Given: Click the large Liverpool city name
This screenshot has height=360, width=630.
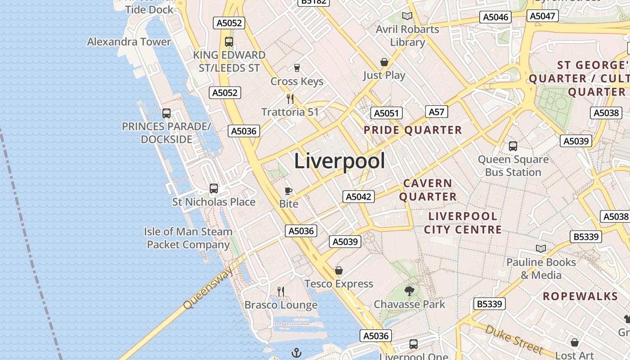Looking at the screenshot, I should tap(340, 161).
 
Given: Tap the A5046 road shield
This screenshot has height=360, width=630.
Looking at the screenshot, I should tap(496, 18).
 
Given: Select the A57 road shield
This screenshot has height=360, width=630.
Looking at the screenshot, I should tap(436, 112).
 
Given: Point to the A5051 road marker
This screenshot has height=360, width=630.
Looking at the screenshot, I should tap(387, 113).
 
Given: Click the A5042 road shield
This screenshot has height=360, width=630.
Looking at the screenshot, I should tap(359, 197).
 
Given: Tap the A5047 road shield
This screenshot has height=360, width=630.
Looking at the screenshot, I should tap(543, 16).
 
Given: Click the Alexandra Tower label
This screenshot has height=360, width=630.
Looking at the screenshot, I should tap(129, 42).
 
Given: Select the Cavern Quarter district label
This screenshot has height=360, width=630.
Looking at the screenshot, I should tap(428, 190).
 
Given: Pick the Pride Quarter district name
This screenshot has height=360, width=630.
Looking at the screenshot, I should tap(413, 130).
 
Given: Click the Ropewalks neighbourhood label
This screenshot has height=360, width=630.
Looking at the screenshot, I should tap(580, 296).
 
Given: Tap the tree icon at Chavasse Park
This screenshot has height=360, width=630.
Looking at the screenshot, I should tap(409, 292).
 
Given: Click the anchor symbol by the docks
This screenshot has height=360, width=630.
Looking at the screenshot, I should tap(296, 353).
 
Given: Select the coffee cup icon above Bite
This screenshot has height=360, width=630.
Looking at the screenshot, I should tap(288, 191).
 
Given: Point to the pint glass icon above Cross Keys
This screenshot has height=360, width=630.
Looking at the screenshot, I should tap(297, 68).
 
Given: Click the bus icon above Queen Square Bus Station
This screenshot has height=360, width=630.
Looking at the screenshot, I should tap(513, 146).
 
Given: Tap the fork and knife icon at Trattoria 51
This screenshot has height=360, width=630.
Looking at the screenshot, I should tap(290, 99).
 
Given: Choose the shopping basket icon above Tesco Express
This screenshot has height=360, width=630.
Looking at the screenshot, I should tap(339, 270).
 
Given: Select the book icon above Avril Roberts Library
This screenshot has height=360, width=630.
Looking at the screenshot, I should tap(407, 16).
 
